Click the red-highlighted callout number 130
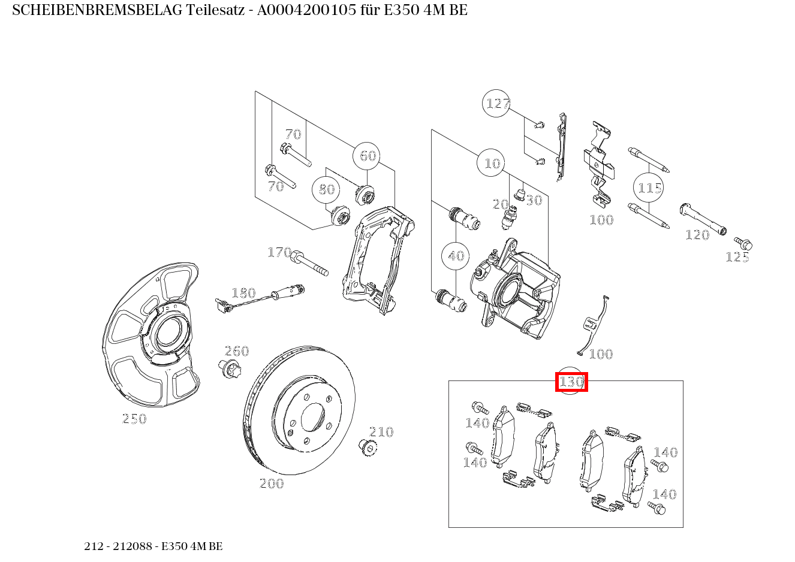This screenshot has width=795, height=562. click(x=571, y=382)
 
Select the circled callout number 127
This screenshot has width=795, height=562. click(x=497, y=104)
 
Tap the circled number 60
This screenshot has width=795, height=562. click(x=368, y=156)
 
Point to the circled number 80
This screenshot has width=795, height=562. click(x=327, y=189)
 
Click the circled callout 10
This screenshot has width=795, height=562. click(x=492, y=163)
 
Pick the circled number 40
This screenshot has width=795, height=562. click(x=456, y=256)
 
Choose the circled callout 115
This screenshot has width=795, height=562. click(x=649, y=188)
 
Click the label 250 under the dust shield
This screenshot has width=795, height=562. click(x=134, y=419)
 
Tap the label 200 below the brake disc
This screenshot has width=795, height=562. click(x=272, y=484)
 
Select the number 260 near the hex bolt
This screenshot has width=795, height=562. click(x=237, y=351)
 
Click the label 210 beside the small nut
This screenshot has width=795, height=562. click(x=381, y=432)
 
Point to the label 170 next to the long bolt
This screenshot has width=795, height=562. click(x=279, y=252)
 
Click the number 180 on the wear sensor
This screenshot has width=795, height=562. click(x=243, y=293)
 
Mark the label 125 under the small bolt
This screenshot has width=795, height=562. click(x=737, y=257)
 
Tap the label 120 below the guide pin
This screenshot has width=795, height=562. click(x=697, y=235)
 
